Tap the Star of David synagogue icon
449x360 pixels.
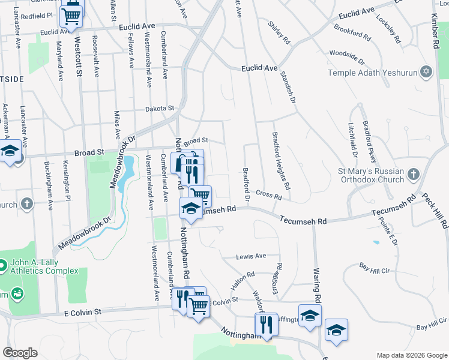point(427,72)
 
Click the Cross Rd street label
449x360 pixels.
point(268,196)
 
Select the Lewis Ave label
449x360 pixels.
point(251,256)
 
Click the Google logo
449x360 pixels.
point(20,353)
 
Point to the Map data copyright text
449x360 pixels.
point(411,355)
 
